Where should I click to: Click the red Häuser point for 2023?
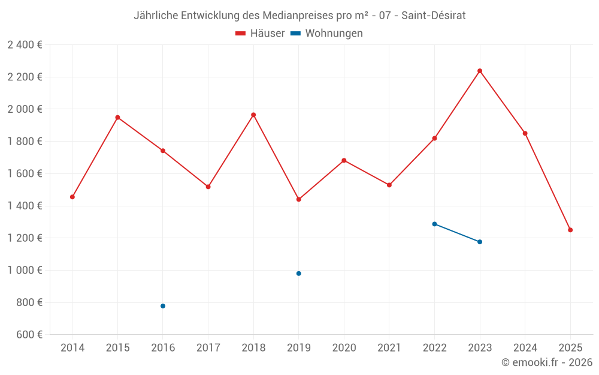480,71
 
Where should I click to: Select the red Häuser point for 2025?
570,230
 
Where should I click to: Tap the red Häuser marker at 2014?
72,197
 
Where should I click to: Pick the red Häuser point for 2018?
253,115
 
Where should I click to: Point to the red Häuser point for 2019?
299,199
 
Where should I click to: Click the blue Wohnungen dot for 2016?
163,306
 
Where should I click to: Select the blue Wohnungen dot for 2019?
299,274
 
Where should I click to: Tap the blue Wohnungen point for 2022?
434,224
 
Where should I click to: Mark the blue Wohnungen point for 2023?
480,242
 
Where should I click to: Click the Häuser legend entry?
261,34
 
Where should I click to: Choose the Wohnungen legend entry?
327,34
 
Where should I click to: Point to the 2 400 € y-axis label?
25,45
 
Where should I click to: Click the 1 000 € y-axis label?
25,271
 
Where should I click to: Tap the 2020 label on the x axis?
344,348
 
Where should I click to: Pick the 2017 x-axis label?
208,348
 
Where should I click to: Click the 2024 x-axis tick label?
525,348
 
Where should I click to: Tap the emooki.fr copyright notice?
546,362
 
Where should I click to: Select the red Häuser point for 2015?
118,118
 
